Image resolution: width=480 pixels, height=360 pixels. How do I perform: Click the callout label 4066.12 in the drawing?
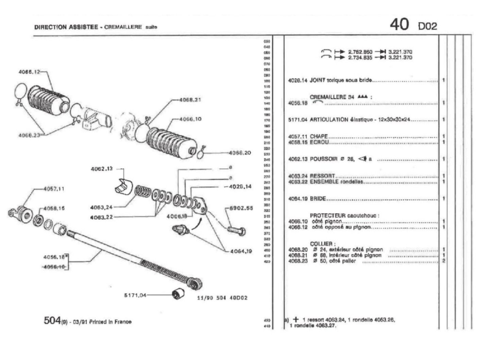(x=30, y=72)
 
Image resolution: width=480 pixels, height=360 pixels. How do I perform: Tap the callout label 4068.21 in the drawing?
(x=190, y=100)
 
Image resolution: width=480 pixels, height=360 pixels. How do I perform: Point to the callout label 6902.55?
(x=241, y=208)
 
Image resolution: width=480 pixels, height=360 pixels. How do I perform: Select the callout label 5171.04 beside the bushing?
(x=135, y=295)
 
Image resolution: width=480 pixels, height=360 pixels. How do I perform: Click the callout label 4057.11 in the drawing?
(x=54, y=189)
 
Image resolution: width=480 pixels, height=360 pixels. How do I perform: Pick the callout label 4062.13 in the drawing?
(x=101, y=169)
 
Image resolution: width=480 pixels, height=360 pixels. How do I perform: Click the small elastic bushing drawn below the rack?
(x=177, y=293)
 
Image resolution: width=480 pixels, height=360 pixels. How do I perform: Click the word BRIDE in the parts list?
(x=318, y=199)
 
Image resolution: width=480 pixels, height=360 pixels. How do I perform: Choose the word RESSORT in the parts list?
(x=322, y=176)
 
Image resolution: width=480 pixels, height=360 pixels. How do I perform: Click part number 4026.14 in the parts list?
(x=298, y=81)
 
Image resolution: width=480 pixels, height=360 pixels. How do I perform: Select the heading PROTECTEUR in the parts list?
(x=327, y=216)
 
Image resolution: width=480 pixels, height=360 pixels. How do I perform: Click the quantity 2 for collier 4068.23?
(x=443, y=261)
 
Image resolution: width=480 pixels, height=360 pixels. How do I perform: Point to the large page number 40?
(x=399, y=24)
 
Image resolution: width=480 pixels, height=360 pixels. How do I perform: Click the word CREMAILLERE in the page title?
(x=123, y=27)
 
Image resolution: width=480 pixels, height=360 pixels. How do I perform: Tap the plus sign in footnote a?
(x=296, y=320)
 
